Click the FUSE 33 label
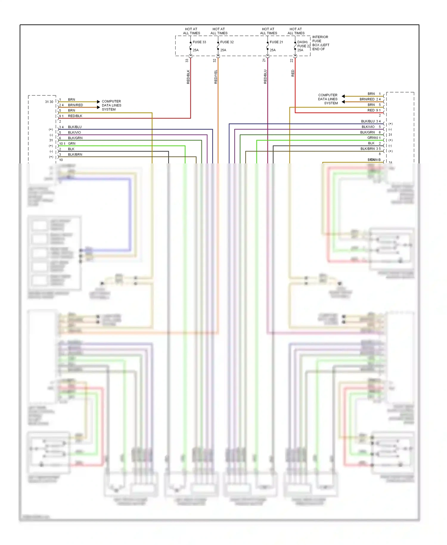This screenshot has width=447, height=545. click(199, 42)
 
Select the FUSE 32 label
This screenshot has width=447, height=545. click(227, 42)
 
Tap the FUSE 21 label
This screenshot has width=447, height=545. click(276, 42)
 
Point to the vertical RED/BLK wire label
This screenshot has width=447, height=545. click(188, 77)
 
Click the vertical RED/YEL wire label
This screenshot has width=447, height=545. click(216, 77)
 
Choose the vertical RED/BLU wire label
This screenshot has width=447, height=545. click(265, 77)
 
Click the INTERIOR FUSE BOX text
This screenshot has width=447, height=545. click(321, 43)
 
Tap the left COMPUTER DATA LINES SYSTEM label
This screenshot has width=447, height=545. click(111, 105)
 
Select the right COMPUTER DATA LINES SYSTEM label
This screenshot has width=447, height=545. click(328, 99)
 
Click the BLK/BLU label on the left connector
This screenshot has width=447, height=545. click(74, 127)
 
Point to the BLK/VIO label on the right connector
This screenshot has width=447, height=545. click(368, 127)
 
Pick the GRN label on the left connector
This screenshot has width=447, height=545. click(72, 143)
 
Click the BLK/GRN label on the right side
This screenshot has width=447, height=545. click(367, 132)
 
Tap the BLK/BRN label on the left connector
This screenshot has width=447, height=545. click(75, 154)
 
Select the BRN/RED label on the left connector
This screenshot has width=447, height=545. click(75, 105)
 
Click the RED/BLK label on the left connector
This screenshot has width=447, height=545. click(75, 116)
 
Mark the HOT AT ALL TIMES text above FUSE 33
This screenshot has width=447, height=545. click(191, 31)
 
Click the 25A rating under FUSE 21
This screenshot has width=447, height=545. click(273, 50)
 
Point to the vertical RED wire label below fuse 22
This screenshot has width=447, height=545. click(293, 73)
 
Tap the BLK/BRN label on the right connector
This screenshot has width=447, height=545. click(367, 149)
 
